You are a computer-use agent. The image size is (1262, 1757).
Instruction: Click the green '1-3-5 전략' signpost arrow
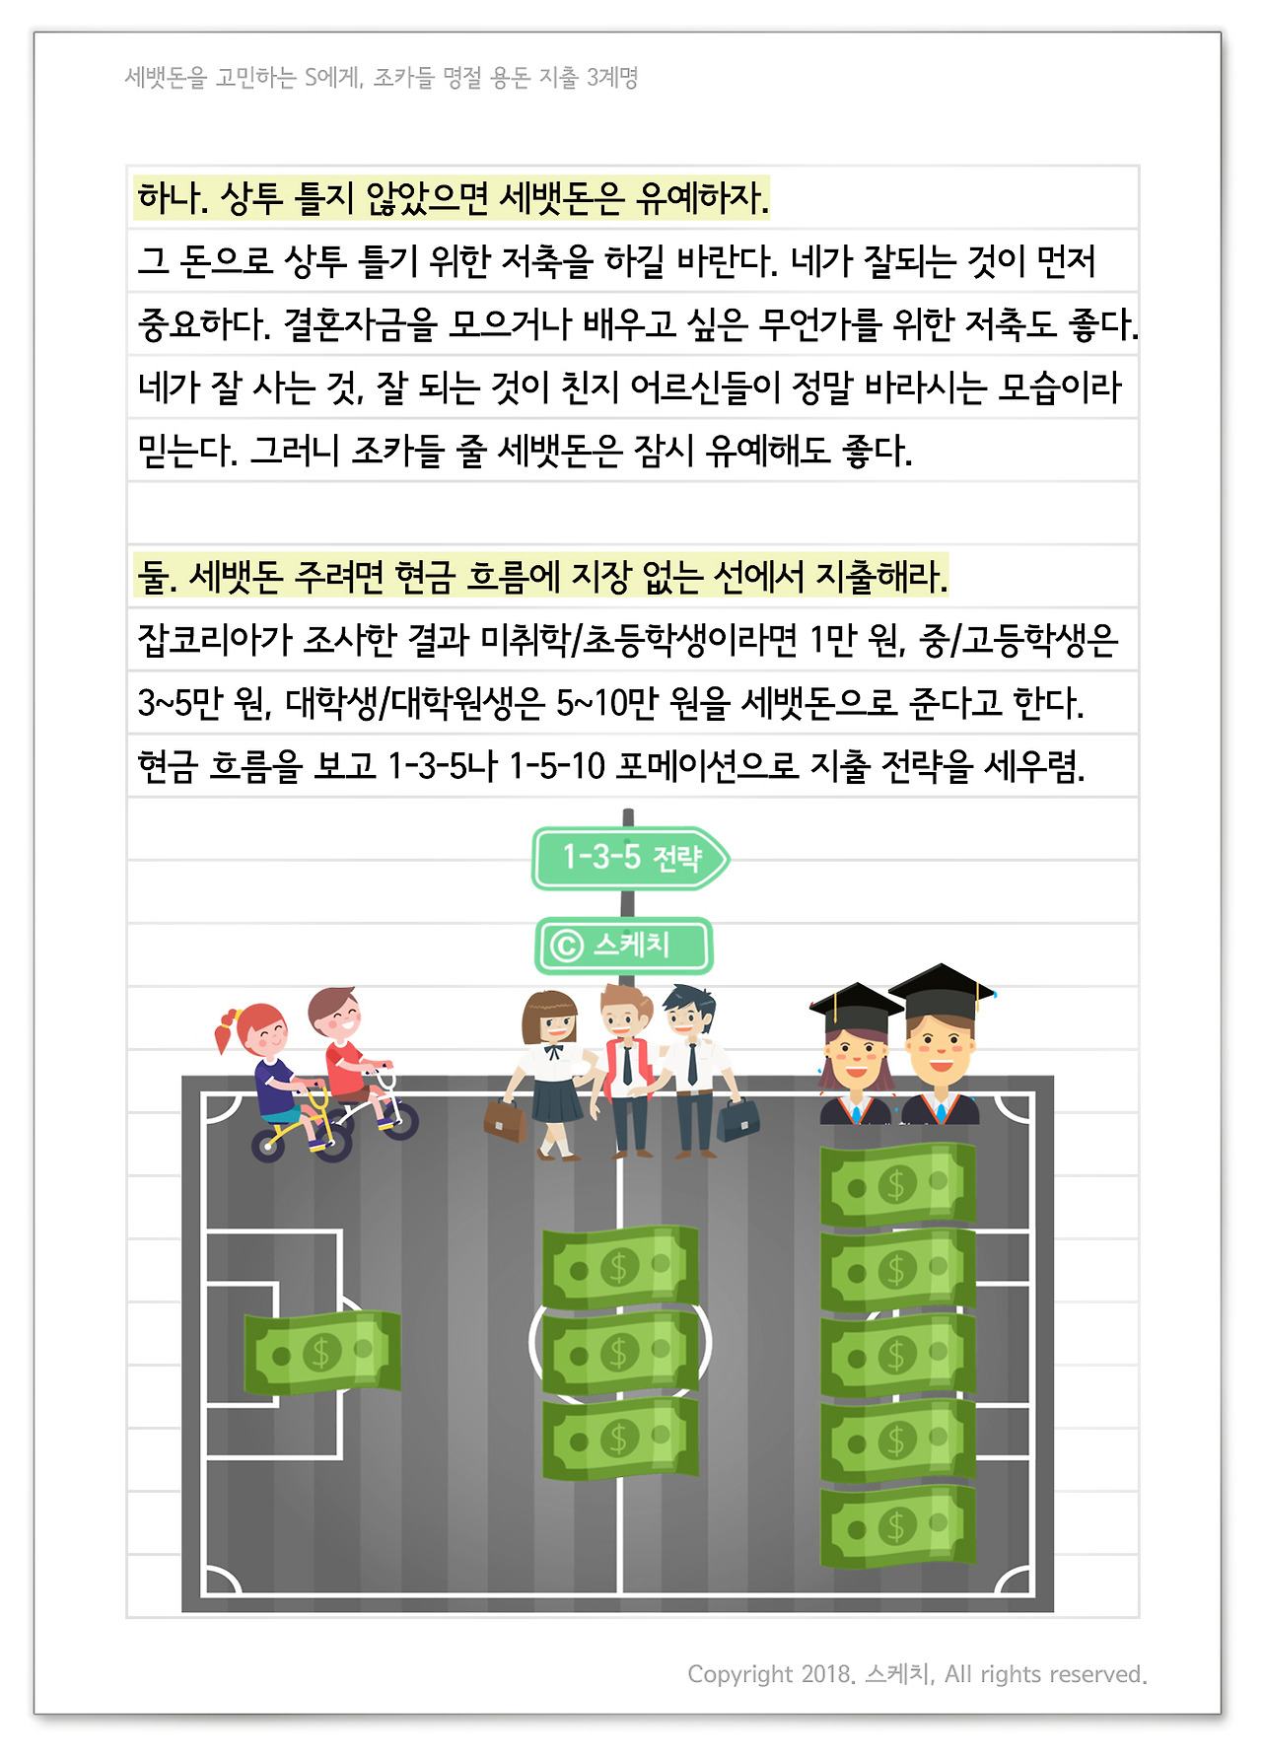coord(630,858)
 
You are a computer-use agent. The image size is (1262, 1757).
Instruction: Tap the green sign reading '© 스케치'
coord(623,946)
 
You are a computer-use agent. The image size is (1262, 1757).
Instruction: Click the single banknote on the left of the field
coord(322,1352)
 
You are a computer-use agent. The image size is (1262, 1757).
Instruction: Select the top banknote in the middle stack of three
coord(620,1267)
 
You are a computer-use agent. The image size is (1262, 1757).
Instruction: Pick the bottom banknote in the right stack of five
coord(897,1526)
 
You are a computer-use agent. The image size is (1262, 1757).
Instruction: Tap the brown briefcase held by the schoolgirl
coord(505,1120)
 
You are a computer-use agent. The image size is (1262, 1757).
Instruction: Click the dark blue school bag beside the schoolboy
coord(738,1118)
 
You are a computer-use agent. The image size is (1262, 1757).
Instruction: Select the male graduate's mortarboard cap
coord(941,989)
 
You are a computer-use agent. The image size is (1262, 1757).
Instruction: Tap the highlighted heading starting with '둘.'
coord(541,576)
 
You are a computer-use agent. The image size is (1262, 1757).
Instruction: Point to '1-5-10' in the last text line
coord(556,766)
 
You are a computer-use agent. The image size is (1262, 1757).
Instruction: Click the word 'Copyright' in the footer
coord(739,1674)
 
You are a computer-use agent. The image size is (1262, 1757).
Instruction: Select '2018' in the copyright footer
coord(825,1674)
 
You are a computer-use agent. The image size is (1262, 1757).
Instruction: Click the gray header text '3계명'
coord(612,77)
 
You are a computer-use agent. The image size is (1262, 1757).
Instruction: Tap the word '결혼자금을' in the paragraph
coord(360,324)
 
